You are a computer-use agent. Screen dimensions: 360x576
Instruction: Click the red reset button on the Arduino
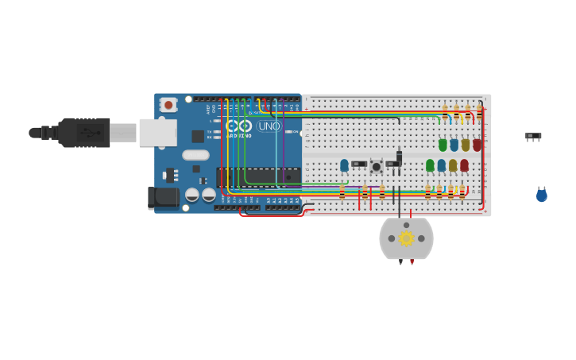coord(168,104)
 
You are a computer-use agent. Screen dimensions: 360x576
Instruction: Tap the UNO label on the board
coord(269,126)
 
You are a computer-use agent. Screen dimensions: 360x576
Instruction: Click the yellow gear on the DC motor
coord(406,238)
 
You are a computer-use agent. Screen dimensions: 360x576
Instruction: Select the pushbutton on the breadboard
coord(376,166)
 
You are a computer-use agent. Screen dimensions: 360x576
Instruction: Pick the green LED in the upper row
coord(443,145)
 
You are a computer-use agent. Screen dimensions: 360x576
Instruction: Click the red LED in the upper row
coord(477,145)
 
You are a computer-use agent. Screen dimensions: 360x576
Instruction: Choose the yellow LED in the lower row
coord(453,165)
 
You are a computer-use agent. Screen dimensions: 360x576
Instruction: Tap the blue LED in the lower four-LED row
coord(442,165)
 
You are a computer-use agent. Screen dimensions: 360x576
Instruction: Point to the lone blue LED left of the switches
coord(344,165)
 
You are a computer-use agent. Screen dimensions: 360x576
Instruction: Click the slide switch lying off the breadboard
coord(533,137)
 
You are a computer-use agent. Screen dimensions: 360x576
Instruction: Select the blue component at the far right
coord(541,195)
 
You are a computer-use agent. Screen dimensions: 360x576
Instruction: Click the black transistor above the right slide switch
coord(399,157)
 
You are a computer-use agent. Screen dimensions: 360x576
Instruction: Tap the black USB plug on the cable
coord(83,133)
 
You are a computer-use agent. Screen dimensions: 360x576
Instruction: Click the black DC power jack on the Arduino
coord(164,198)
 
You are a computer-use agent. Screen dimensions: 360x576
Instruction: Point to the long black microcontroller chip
coord(258,176)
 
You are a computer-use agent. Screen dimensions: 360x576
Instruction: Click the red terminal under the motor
coord(412,261)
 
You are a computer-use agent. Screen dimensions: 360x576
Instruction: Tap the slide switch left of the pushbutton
coord(359,164)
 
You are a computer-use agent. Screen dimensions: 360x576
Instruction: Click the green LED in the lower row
coord(430,165)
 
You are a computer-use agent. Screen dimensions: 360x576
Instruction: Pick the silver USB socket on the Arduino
coord(157,133)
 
